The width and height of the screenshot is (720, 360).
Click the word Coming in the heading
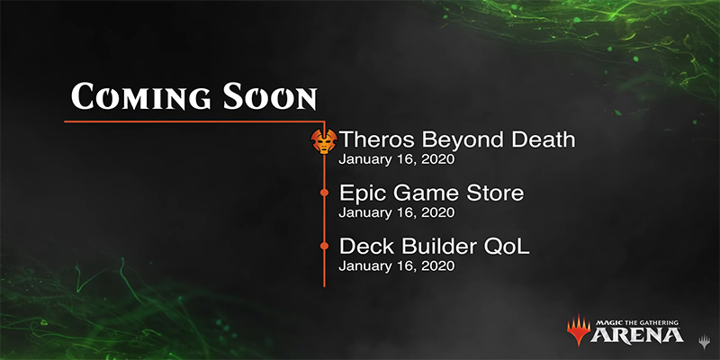point(141,97)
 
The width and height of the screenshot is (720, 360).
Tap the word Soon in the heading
point(270,97)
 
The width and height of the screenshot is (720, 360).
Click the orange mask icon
point(324,141)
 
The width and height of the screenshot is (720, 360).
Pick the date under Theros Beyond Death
point(397,159)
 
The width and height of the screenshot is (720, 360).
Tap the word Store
point(495,193)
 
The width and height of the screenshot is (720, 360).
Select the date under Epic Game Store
point(397,212)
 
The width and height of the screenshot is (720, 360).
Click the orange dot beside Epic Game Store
point(324,193)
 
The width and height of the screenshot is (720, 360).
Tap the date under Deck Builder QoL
point(397,265)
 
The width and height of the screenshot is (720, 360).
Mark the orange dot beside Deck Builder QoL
point(324,246)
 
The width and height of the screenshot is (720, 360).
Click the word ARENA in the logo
point(637,335)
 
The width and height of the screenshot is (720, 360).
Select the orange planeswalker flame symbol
point(578,329)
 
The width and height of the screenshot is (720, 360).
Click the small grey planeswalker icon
point(704,342)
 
